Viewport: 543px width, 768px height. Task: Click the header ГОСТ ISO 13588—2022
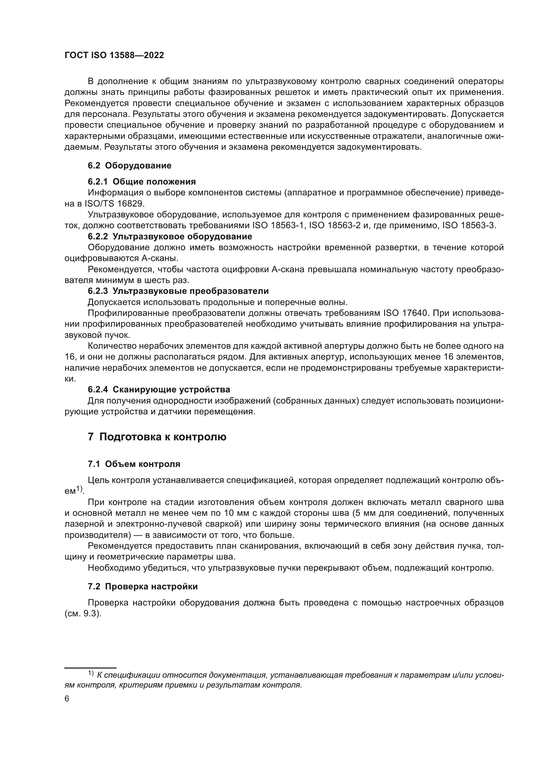coord(114,55)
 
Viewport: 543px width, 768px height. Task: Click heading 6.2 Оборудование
coord(129,165)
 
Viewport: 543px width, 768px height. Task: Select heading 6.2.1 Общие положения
coord(141,182)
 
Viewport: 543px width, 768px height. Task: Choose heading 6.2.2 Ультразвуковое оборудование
coord(169,236)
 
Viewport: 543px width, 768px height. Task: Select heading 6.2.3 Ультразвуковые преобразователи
coord(178,291)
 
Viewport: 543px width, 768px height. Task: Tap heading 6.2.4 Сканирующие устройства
coord(159,390)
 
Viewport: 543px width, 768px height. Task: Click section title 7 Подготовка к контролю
coord(157,437)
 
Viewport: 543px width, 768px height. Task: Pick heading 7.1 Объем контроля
coord(134,464)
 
